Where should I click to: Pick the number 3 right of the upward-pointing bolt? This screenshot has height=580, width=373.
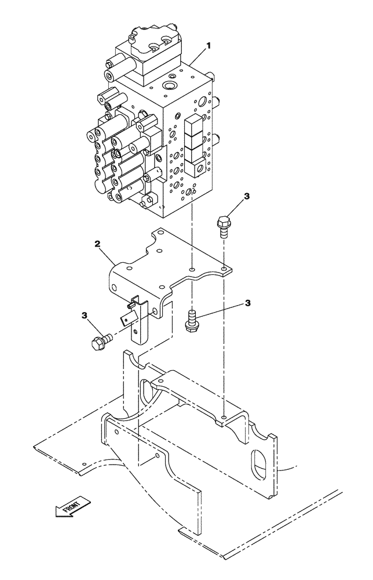point(247,303)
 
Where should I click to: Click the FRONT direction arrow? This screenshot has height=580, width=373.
point(71,506)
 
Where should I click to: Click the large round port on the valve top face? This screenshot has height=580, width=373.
point(170,86)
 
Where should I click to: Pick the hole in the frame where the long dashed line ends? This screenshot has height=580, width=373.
point(224,416)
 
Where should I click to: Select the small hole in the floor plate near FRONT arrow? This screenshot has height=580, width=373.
point(85,463)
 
